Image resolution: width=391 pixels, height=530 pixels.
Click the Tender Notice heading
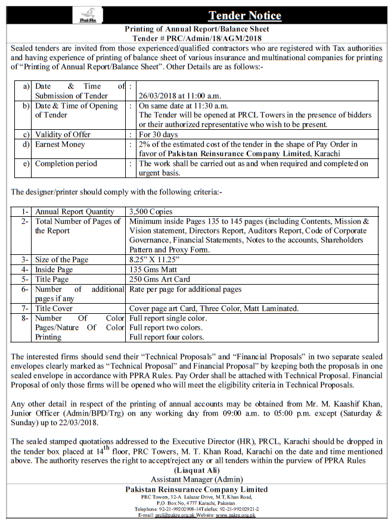244,15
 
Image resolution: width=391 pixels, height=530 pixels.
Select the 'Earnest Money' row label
60,144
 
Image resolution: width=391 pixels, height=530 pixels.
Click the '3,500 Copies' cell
151,211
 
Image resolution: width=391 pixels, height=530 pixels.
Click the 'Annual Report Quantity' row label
75,211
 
